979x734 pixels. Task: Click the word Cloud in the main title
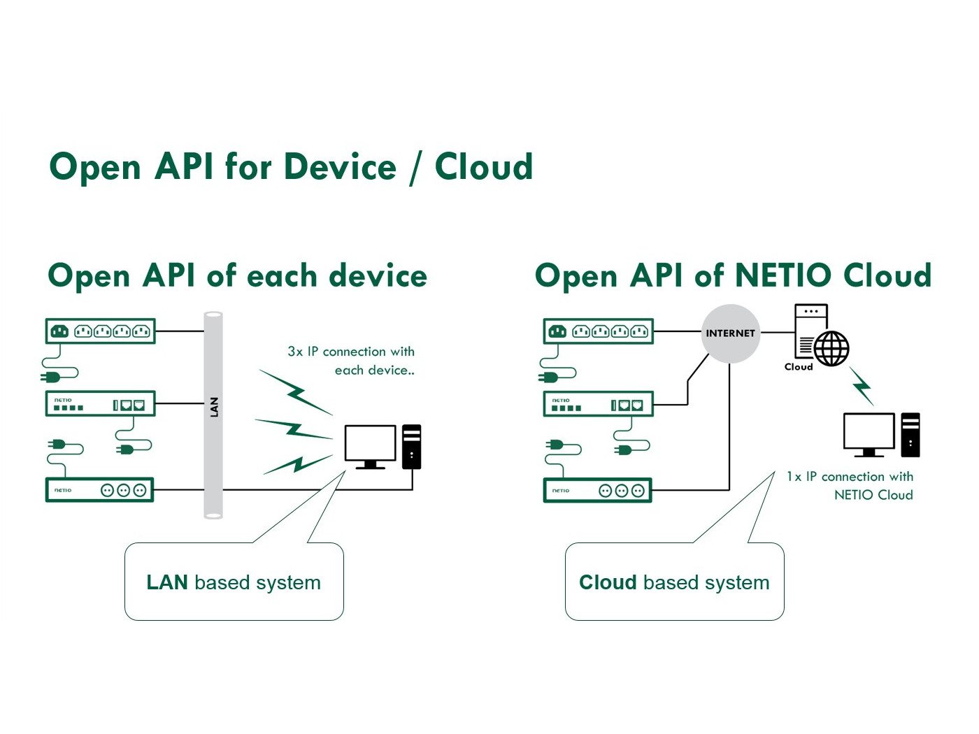coord(483,167)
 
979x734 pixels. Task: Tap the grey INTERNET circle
coord(730,333)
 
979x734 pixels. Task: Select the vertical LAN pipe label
coord(214,407)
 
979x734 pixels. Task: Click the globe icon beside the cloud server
coord(831,348)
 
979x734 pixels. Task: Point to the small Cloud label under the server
coord(798,367)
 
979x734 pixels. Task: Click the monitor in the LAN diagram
coord(370,445)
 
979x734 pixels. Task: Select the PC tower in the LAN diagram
coord(412,446)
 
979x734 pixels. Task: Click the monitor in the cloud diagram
coord(869,433)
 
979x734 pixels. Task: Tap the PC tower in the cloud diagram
coord(910,434)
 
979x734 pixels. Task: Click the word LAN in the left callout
coord(167,582)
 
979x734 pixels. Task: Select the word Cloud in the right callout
coord(608,582)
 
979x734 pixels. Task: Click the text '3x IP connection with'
coord(351,352)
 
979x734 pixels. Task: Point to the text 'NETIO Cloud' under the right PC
coord(873,495)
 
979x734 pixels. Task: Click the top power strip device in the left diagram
coord(101,331)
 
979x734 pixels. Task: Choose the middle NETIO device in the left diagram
coord(101,404)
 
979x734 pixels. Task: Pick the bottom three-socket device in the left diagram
coord(99,490)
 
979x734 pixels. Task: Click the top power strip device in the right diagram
coord(599,331)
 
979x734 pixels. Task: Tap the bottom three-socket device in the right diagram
coord(597,490)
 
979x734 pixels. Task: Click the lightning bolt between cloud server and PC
coord(862,385)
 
